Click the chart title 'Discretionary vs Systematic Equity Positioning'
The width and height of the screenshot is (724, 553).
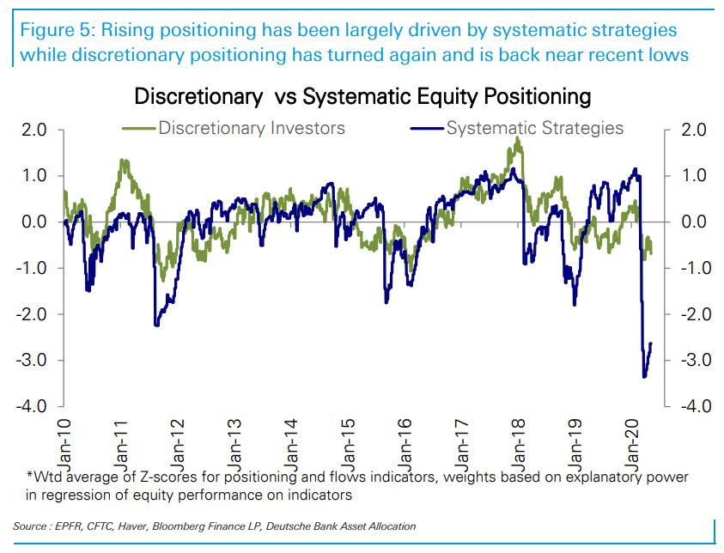coord(362,95)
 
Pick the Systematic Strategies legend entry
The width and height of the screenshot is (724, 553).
coord(534,129)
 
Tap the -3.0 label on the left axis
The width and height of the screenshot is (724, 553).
coord(32,360)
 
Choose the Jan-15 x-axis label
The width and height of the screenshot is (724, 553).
coord(347,438)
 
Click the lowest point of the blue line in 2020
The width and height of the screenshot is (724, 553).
coord(644,376)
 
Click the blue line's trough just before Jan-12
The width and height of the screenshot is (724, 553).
coord(156,325)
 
